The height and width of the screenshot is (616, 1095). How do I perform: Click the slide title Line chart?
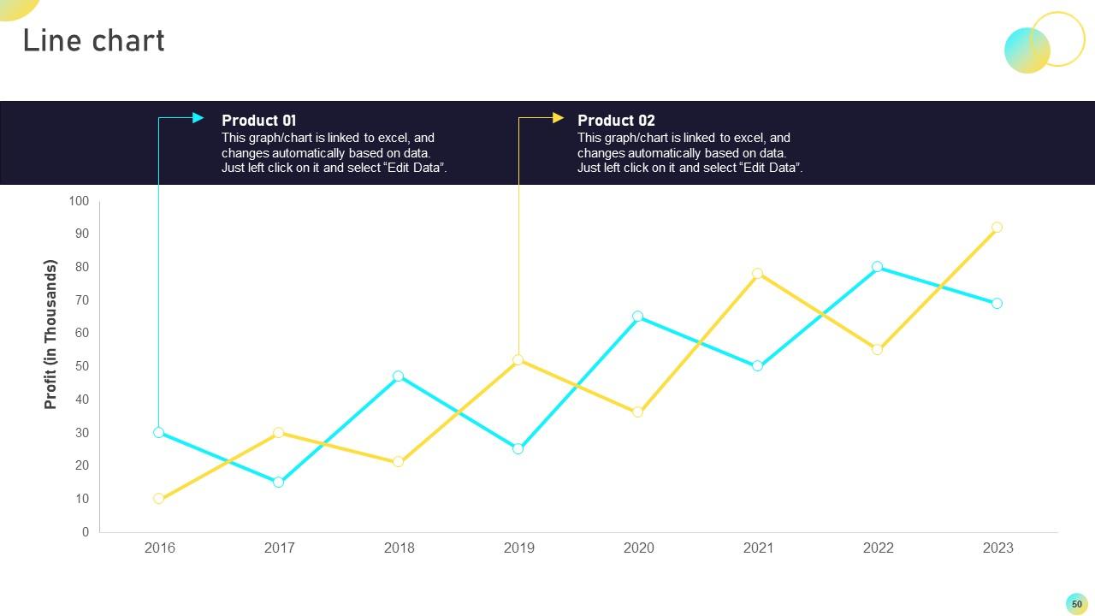pyautogui.click(x=93, y=41)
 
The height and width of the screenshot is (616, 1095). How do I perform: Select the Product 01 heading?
pyautogui.click(x=258, y=121)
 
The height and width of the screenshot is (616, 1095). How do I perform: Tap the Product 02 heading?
pyautogui.click(x=615, y=121)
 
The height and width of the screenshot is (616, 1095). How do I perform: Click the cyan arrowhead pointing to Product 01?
pyautogui.click(x=198, y=118)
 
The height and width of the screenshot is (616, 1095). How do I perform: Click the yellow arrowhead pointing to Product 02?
pyautogui.click(x=558, y=118)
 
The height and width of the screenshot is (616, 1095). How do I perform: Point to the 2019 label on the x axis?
pyautogui.click(x=518, y=548)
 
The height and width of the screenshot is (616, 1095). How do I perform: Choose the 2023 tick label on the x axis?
pyautogui.click(x=997, y=548)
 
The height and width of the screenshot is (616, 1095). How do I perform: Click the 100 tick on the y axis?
pyautogui.click(x=79, y=201)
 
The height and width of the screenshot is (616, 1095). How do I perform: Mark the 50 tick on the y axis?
pyautogui.click(x=81, y=366)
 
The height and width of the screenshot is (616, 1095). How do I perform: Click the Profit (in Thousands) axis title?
pyautogui.click(x=50, y=335)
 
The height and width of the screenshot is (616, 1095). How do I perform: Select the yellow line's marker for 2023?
pyautogui.click(x=997, y=228)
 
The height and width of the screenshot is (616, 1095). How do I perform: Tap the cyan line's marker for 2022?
pyautogui.click(x=877, y=267)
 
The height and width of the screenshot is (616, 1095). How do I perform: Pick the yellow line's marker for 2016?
pyautogui.click(x=158, y=499)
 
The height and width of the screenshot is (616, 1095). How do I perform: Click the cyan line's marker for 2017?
pyautogui.click(x=278, y=483)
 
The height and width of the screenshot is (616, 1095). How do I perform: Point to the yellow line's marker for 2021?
pyautogui.click(x=757, y=274)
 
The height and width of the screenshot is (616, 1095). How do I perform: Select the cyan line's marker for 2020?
pyautogui.click(x=637, y=317)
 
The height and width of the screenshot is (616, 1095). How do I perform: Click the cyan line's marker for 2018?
pyautogui.click(x=398, y=376)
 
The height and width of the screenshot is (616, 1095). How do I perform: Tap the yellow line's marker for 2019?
pyautogui.click(x=518, y=360)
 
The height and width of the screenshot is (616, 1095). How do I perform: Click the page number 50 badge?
pyautogui.click(x=1076, y=604)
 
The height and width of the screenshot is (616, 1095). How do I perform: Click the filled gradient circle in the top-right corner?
pyautogui.click(x=1027, y=50)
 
